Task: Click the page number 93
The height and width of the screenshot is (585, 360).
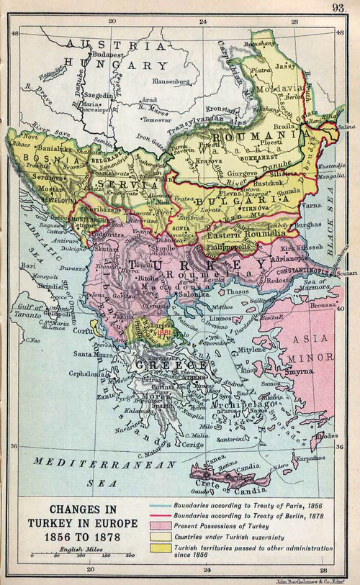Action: [x=338, y=8]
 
